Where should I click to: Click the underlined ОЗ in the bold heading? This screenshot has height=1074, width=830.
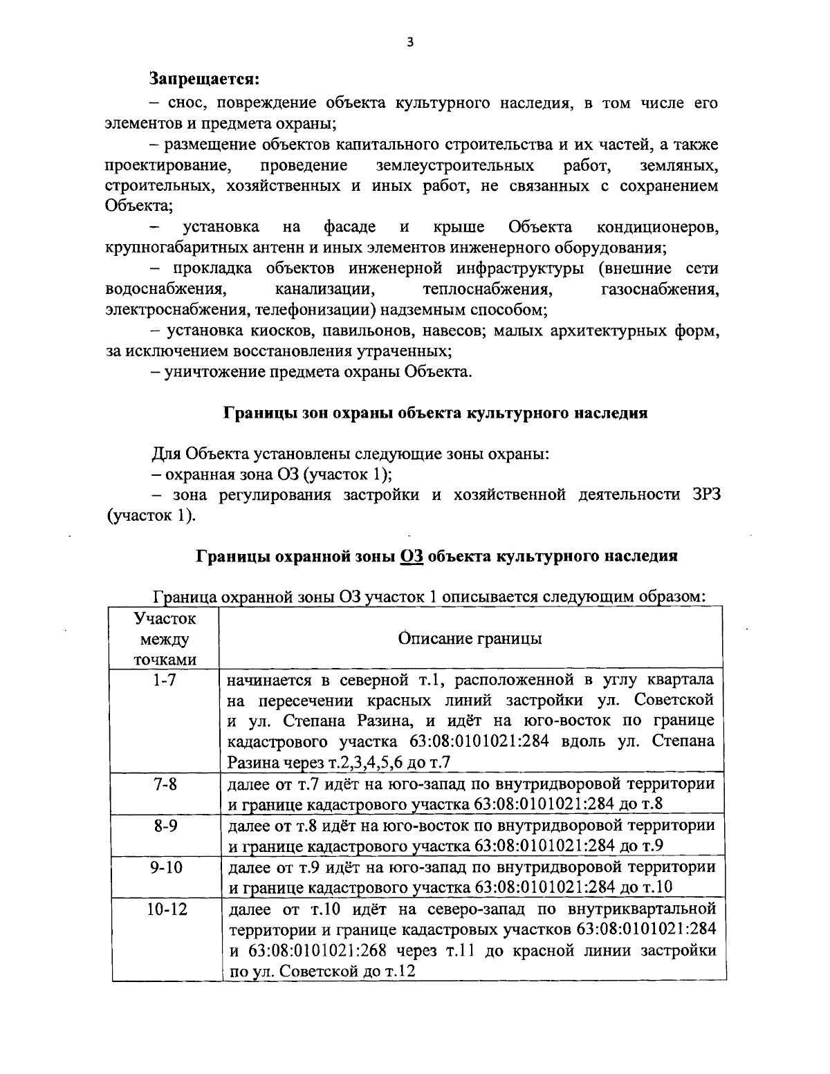click(x=412, y=556)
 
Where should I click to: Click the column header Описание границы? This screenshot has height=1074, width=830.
click(x=470, y=638)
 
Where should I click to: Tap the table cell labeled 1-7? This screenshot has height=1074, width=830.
click(x=165, y=680)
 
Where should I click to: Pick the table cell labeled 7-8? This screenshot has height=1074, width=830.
click(x=165, y=784)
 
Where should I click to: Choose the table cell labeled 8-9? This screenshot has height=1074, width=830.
click(x=165, y=826)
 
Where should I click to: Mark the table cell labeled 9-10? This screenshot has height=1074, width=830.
click(x=165, y=867)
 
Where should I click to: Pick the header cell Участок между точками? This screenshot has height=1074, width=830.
click(x=164, y=638)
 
